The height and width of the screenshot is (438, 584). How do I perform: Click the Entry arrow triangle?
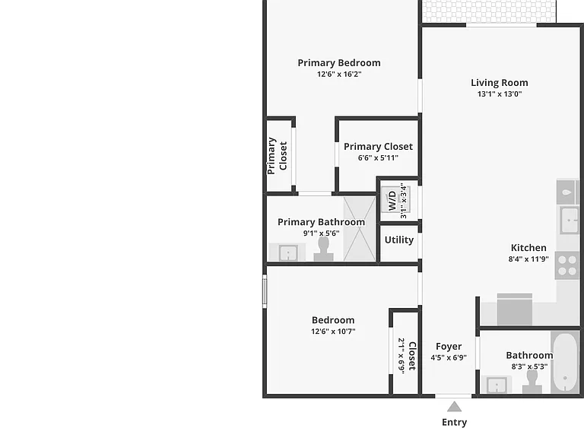click(454, 406)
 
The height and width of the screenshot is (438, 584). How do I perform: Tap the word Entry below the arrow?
click(454, 422)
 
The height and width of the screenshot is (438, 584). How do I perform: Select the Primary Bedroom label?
click(339, 63)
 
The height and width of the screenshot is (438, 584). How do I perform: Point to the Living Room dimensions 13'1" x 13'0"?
click(500, 94)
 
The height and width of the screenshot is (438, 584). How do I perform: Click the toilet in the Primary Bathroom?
click(323, 249)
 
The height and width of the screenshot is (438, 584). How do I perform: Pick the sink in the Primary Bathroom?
click(288, 253)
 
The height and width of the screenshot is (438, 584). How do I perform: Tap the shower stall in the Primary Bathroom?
click(359, 229)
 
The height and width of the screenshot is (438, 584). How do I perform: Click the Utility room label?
click(399, 240)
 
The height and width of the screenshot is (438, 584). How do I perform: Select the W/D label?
click(392, 201)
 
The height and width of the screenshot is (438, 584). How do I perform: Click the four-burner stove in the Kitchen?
click(567, 266)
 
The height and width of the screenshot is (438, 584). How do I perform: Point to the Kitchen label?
click(528, 248)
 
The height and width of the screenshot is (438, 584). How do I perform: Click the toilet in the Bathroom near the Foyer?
click(532, 382)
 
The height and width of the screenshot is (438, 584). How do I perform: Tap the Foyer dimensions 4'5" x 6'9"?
click(449, 357)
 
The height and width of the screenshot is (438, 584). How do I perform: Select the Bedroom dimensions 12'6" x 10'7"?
click(333, 331)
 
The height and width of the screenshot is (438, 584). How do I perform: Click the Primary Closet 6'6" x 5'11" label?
click(378, 151)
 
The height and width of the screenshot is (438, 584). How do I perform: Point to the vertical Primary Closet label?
click(277, 156)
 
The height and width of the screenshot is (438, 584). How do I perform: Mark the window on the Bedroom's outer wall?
click(265, 291)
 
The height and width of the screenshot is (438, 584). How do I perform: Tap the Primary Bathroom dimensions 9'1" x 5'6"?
click(321, 233)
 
